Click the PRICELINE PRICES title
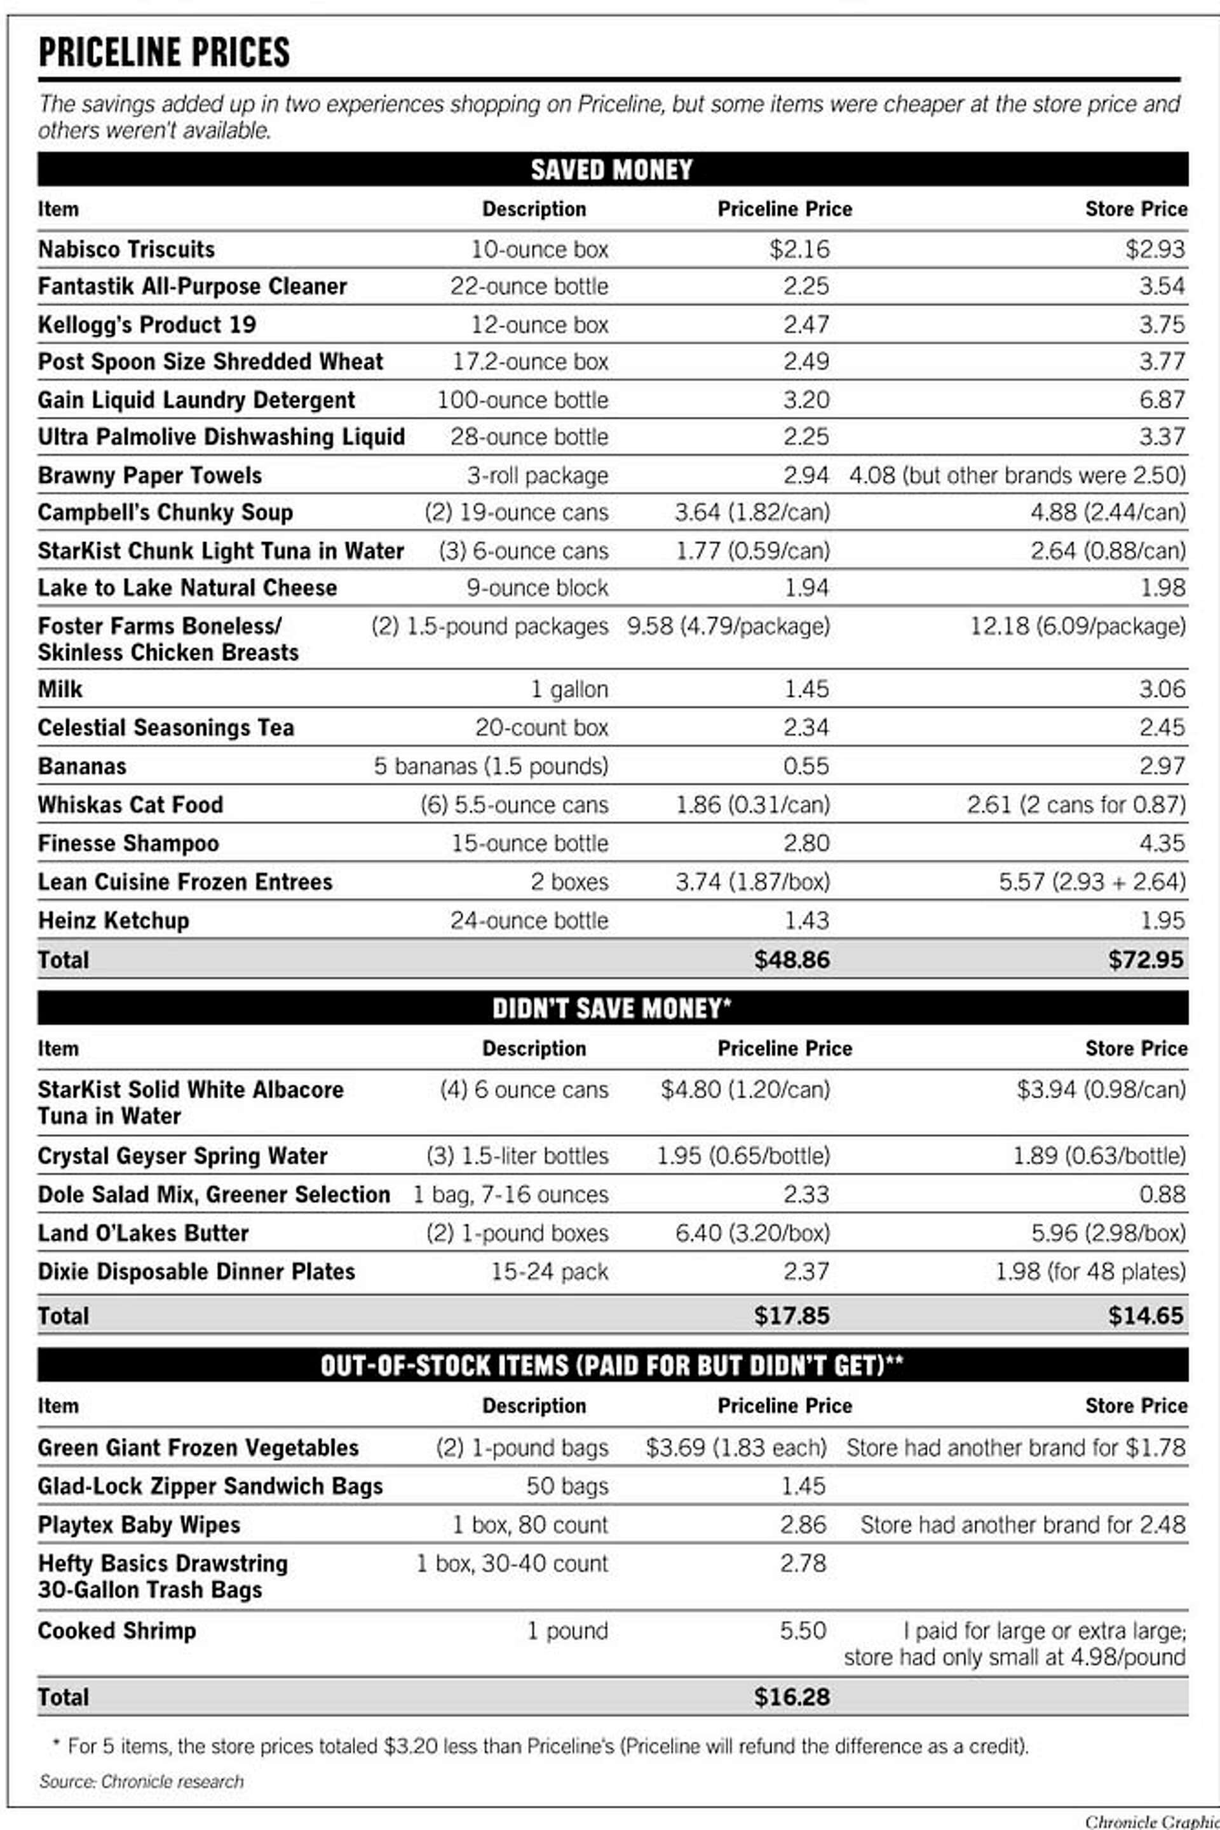(x=163, y=53)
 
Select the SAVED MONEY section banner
(x=611, y=170)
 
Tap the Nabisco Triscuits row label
(x=126, y=249)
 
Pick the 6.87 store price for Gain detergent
(x=1162, y=400)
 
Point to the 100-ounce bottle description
(x=522, y=400)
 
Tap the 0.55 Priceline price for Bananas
(x=806, y=766)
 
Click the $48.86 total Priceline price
(x=791, y=959)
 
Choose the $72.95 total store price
(x=1146, y=959)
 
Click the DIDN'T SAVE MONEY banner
(x=611, y=1008)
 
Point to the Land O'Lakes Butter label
(x=143, y=1233)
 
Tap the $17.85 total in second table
(x=791, y=1316)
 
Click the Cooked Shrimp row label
(x=117, y=1631)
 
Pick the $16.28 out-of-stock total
(x=791, y=1697)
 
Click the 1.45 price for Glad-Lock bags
(x=803, y=1486)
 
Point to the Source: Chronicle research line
(x=141, y=1782)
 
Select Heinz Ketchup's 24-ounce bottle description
(x=529, y=921)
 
